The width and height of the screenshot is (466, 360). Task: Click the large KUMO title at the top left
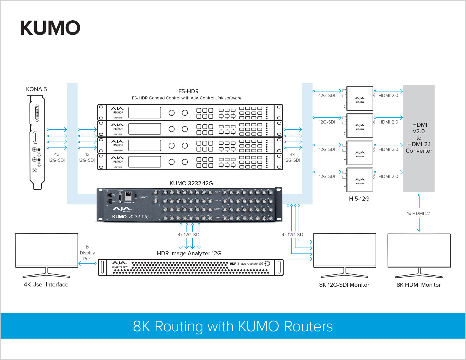50,28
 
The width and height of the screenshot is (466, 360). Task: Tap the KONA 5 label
36,89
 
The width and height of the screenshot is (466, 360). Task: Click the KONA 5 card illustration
37,141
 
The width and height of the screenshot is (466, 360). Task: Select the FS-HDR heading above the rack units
188,91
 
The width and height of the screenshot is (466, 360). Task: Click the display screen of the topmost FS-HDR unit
145,113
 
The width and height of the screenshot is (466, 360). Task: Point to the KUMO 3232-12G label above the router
191,183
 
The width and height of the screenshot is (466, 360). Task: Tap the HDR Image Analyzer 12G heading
189,253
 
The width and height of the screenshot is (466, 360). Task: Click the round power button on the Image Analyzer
267,264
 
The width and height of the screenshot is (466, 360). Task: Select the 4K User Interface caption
46,284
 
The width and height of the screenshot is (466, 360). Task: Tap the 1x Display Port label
87,253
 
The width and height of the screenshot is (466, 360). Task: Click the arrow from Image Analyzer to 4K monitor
87,264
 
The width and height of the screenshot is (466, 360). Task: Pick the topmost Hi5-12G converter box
360,99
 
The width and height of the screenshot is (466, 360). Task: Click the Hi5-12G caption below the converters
359,199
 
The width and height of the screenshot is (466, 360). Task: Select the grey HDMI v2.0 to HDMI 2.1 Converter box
419,138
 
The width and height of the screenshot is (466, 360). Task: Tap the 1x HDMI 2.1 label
419,214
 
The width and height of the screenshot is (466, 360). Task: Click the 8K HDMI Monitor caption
419,285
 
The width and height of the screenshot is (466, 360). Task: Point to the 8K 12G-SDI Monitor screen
344,250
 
